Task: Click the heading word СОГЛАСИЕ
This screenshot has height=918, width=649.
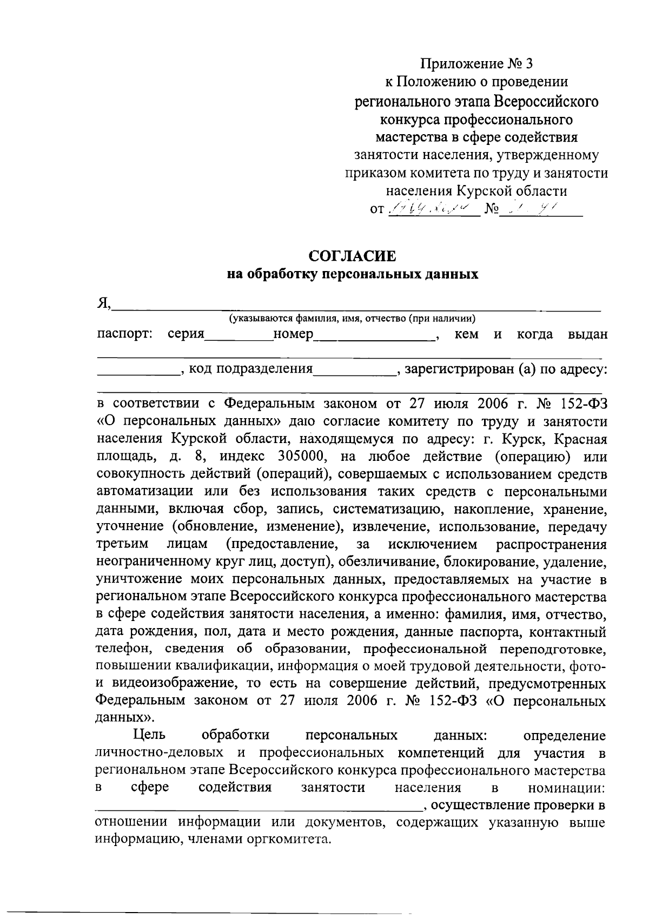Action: tap(352, 255)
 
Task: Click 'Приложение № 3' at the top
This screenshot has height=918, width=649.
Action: tap(476, 64)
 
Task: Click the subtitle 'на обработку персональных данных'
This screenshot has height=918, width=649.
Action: tap(352, 274)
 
